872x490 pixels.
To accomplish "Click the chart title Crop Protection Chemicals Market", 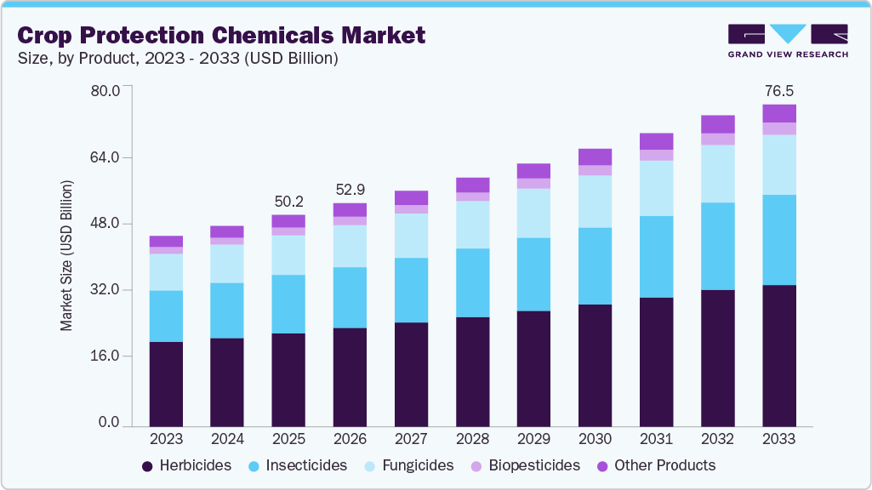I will [x=221, y=35].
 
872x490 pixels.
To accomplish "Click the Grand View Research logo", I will [x=787, y=41].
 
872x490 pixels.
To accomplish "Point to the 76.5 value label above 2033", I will [x=778, y=90].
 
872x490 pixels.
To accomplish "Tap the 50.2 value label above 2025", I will [x=288, y=201].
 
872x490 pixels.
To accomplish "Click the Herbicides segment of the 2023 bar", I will [x=166, y=383].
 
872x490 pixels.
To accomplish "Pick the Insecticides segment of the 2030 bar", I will [x=595, y=265].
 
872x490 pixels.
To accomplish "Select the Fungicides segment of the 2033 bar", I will [x=778, y=164].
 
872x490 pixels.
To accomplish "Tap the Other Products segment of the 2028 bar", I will [x=472, y=185].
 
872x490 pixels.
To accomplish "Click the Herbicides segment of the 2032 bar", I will [x=717, y=357].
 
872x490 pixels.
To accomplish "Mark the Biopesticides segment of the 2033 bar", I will [x=778, y=128].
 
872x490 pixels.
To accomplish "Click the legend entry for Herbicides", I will [x=186, y=465].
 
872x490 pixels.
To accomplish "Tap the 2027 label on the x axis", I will [x=411, y=439].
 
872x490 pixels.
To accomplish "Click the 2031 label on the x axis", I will [x=656, y=439].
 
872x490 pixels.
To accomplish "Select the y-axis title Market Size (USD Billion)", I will [x=66, y=256].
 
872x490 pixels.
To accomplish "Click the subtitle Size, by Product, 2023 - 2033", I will [x=178, y=58].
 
